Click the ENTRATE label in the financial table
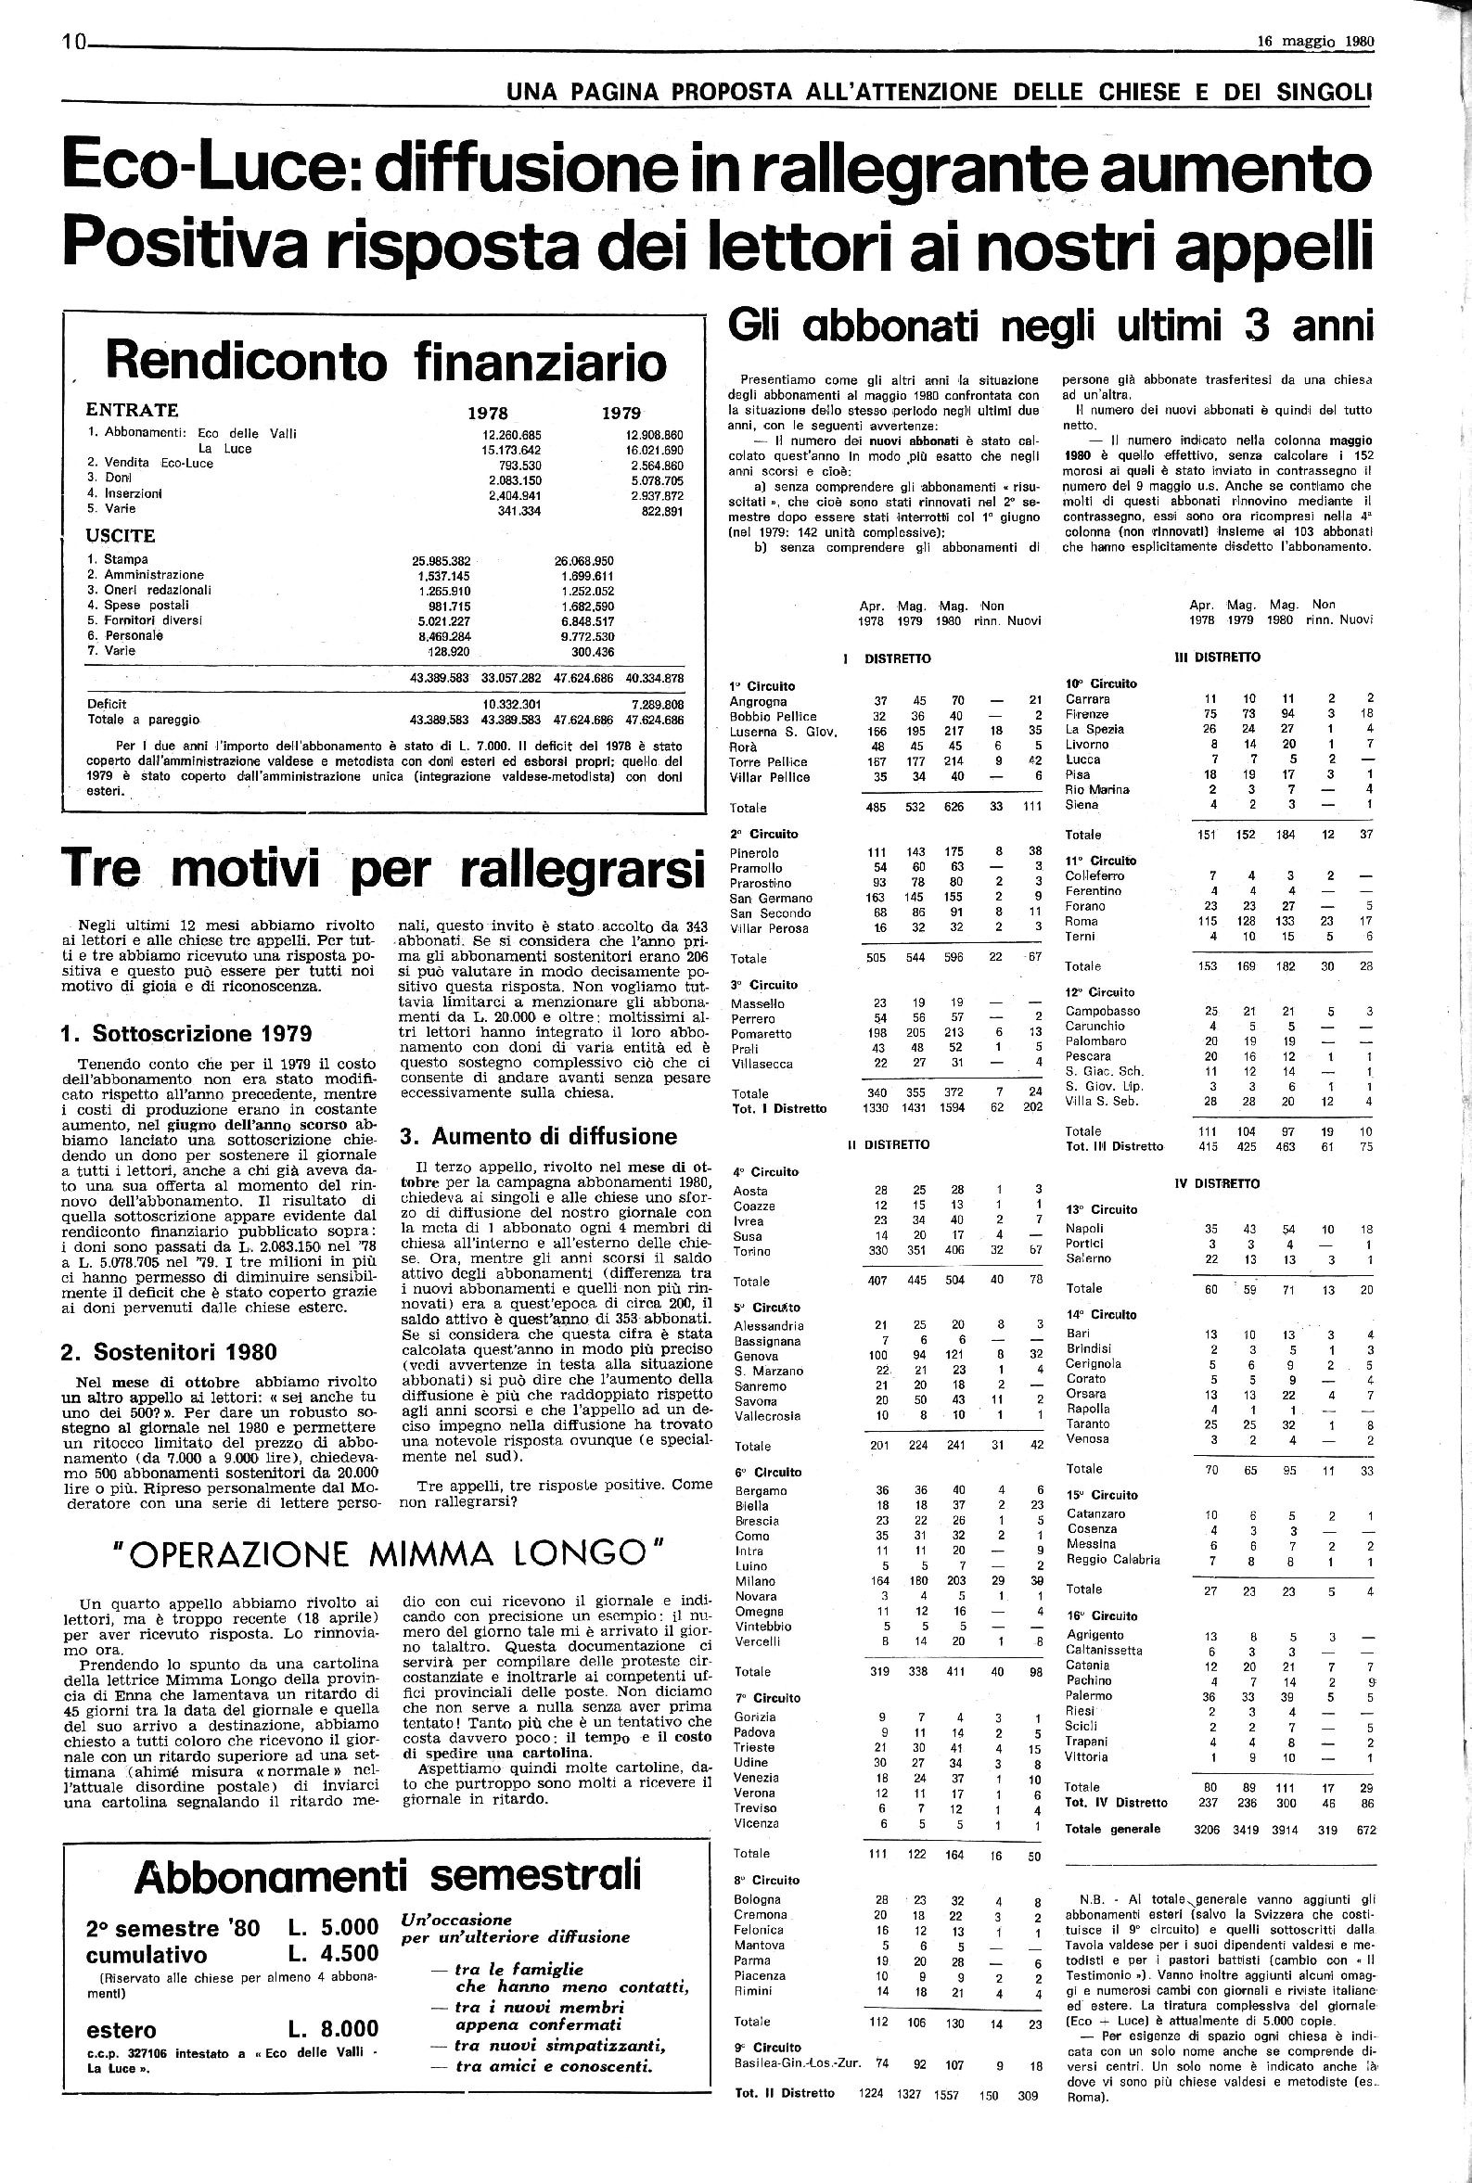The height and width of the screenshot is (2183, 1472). pos(133,410)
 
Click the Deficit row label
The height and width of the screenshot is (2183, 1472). pos(107,703)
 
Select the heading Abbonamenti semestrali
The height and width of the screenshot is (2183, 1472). pos(388,1849)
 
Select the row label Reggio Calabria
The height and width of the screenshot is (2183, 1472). pos(1112,1559)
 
